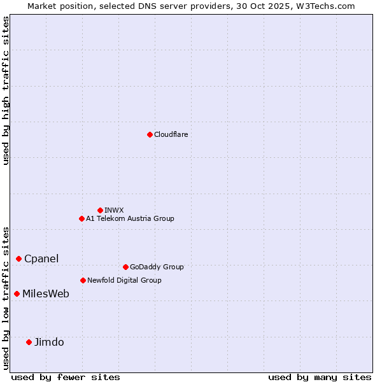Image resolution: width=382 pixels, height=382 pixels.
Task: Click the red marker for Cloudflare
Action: (x=150, y=134)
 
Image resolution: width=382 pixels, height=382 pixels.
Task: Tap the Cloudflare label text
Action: (x=171, y=134)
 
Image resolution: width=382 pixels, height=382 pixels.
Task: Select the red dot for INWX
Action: (x=100, y=210)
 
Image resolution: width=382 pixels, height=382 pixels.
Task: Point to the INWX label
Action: (x=114, y=210)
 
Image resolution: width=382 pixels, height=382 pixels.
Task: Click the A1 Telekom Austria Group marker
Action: (x=81, y=218)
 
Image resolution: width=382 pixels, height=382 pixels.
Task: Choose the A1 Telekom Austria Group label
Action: (x=130, y=218)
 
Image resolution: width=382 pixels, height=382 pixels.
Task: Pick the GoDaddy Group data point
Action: (x=125, y=267)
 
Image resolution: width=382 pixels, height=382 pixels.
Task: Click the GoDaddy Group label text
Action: (x=156, y=267)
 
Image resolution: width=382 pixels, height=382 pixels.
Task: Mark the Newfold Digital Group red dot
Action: (x=83, y=280)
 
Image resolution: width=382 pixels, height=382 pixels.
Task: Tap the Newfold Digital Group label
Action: (x=124, y=280)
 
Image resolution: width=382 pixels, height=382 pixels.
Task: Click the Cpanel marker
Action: (x=18, y=258)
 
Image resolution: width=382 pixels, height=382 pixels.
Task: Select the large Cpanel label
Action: (x=41, y=258)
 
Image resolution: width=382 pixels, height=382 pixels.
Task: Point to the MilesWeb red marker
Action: (x=17, y=294)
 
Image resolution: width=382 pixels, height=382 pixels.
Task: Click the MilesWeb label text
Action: (x=46, y=294)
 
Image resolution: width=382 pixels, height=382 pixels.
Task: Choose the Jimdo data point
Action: (x=29, y=342)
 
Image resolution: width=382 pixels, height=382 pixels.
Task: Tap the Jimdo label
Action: (x=49, y=342)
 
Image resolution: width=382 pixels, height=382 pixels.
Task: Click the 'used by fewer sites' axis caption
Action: (x=66, y=377)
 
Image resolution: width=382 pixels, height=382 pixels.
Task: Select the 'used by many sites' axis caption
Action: (x=320, y=377)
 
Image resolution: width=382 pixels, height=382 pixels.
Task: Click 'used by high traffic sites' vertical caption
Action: (x=6, y=90)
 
